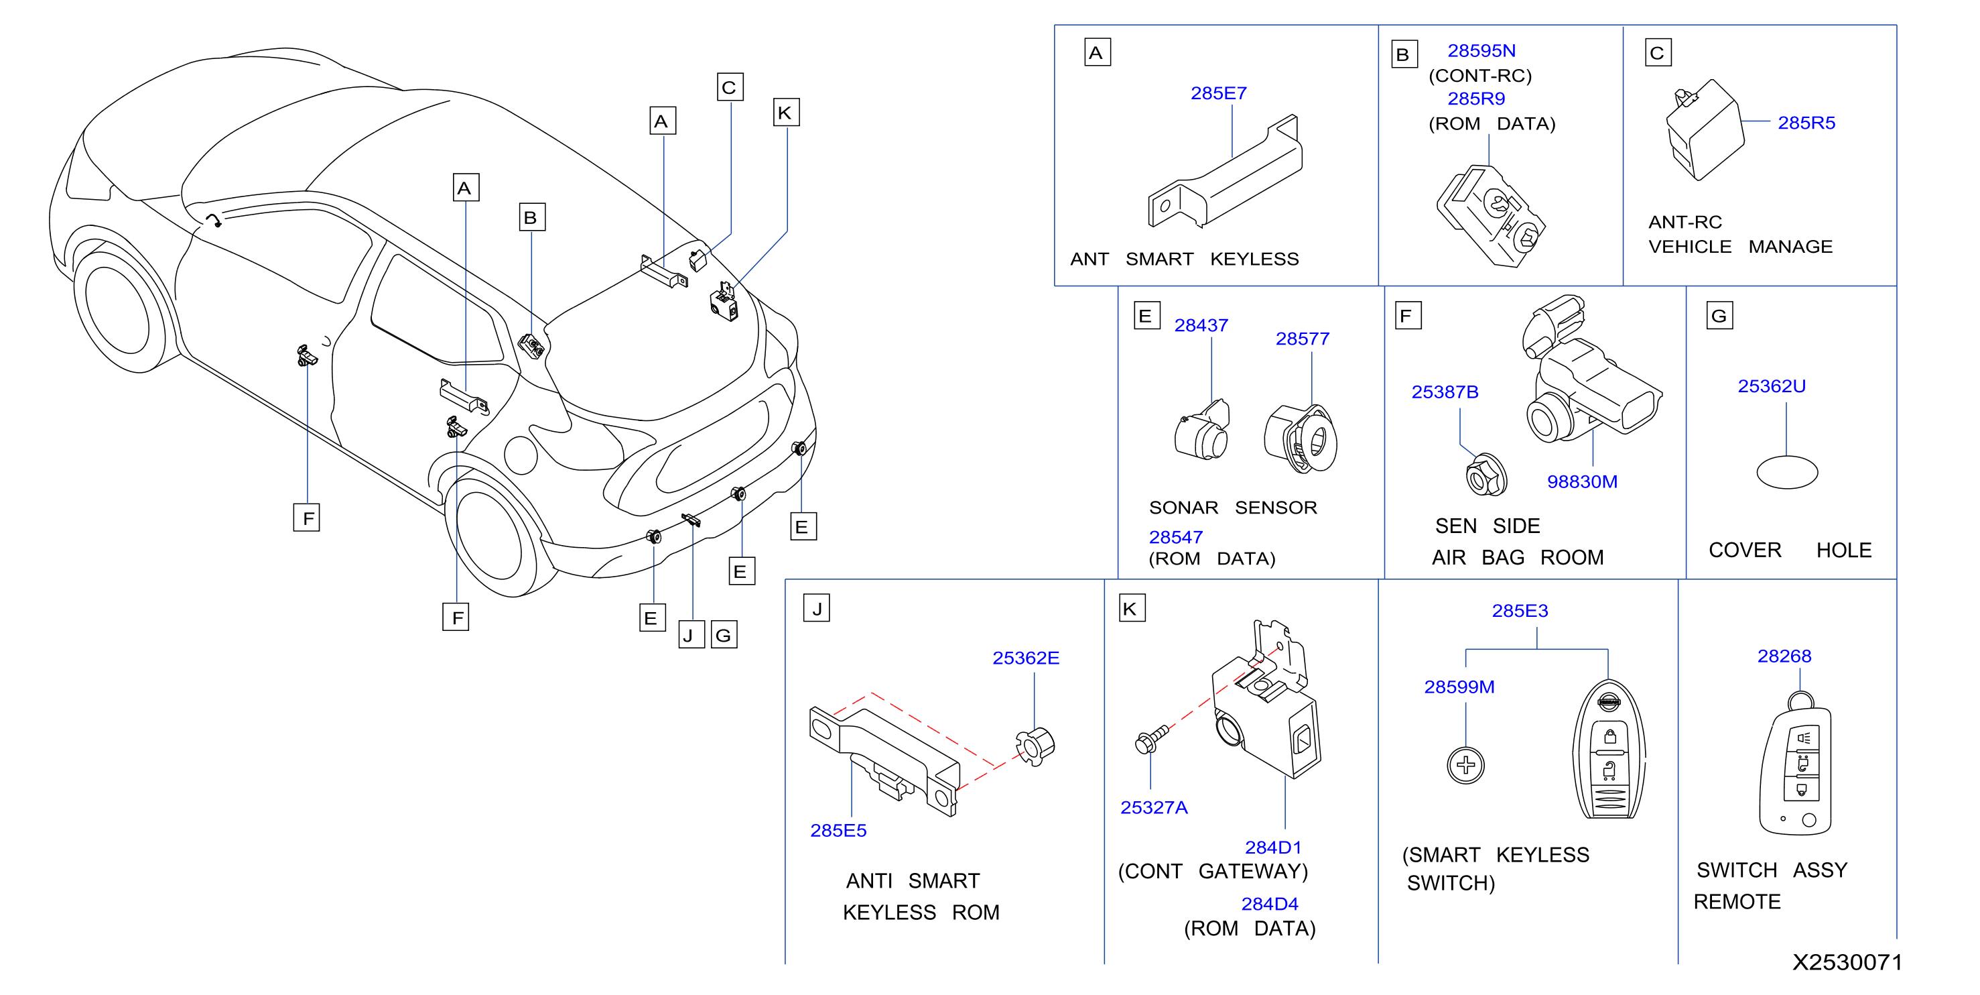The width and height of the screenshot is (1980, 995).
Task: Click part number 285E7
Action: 1218,93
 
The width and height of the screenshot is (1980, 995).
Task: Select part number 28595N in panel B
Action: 1481,51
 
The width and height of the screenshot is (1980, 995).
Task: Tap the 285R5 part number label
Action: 1806,123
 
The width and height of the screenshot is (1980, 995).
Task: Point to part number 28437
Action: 1201,325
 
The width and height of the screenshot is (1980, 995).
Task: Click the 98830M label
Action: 1582,481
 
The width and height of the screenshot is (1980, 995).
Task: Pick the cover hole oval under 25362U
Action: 1787,473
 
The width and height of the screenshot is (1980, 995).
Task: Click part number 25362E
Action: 1025,658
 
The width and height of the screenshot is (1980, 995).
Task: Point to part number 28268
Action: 1784,656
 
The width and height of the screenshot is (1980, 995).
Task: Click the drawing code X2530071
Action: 1847,962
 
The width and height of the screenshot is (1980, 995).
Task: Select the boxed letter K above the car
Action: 785,112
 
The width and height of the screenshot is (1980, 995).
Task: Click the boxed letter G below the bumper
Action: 723,635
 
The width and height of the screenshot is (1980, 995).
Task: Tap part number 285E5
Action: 838,831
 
